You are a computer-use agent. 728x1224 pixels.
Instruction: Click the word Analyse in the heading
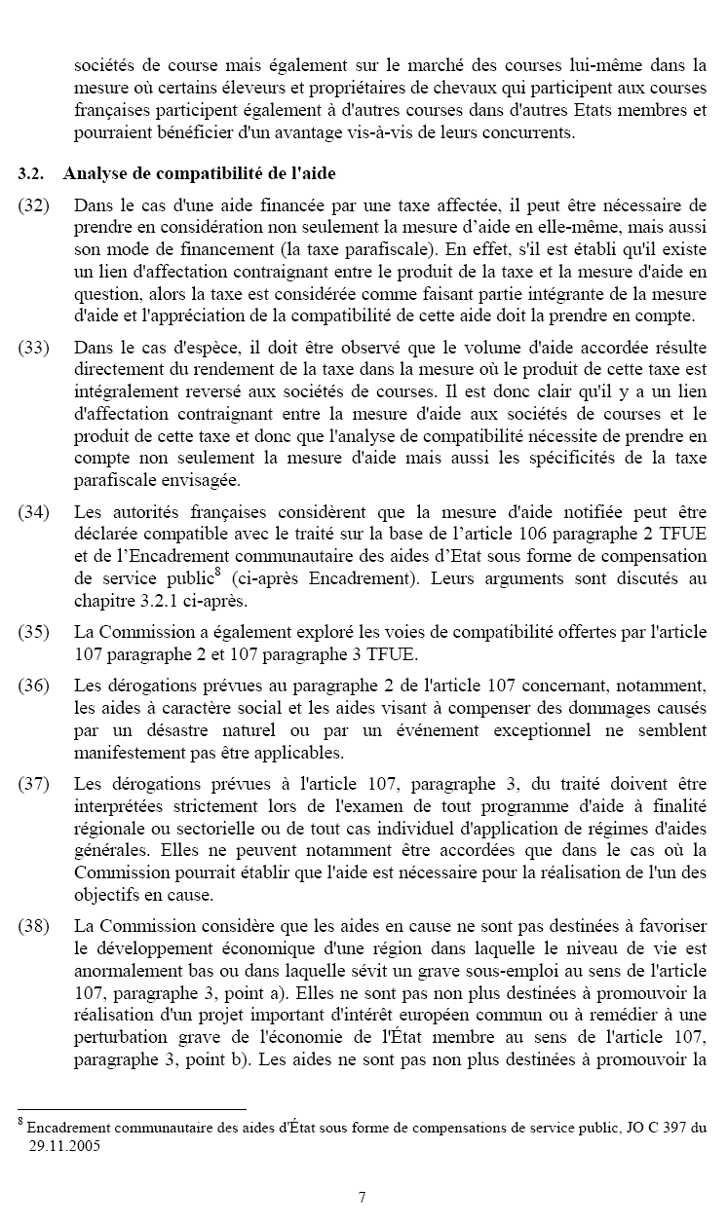(95, 174)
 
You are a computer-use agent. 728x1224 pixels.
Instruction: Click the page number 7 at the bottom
(363, 1197)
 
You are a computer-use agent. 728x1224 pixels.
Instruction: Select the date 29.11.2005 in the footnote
(64, 1146)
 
